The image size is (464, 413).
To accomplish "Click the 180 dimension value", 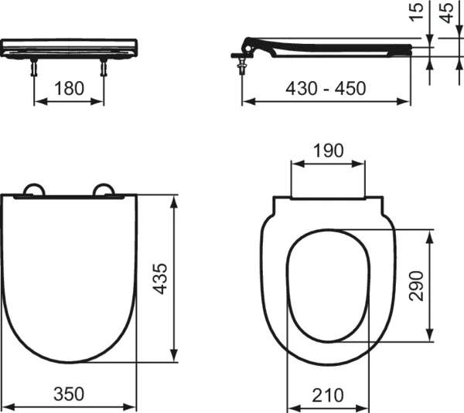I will [x=69, y=87].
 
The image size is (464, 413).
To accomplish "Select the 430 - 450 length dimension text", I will [x=326, y=87].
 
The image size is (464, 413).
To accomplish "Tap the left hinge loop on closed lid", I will [x=35, y=190].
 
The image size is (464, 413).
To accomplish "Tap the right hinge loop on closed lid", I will [x=103, y=190].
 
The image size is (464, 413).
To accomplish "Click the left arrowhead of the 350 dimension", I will [x=5, y=408].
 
